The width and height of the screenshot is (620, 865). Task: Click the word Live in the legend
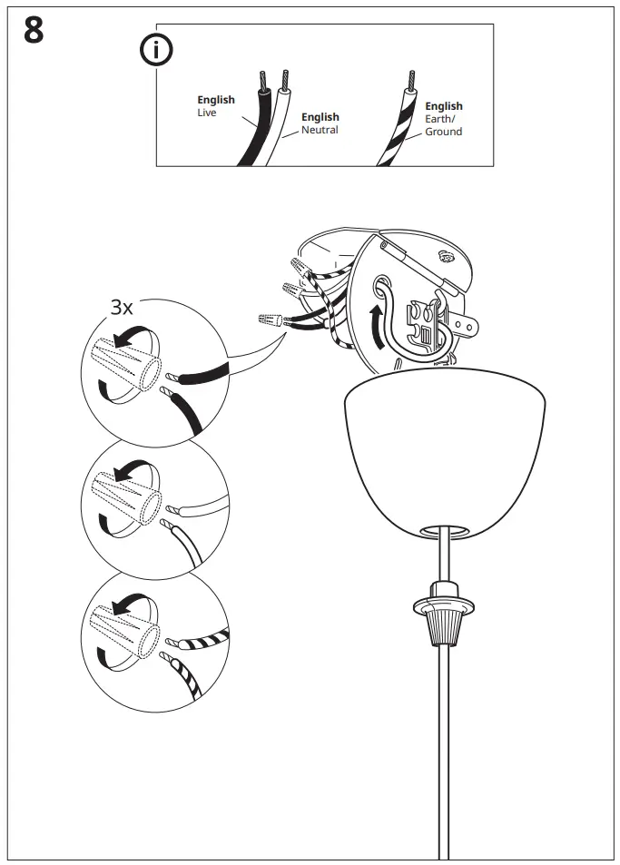(207, 113)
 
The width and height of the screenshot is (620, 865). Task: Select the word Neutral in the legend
(320, 131)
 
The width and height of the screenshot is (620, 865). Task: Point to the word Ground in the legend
(444, 133)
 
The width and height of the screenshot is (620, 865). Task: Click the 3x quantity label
(122, 308)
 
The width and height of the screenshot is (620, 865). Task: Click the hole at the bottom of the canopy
(445, 527)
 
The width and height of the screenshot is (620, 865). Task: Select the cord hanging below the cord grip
(444, 744)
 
